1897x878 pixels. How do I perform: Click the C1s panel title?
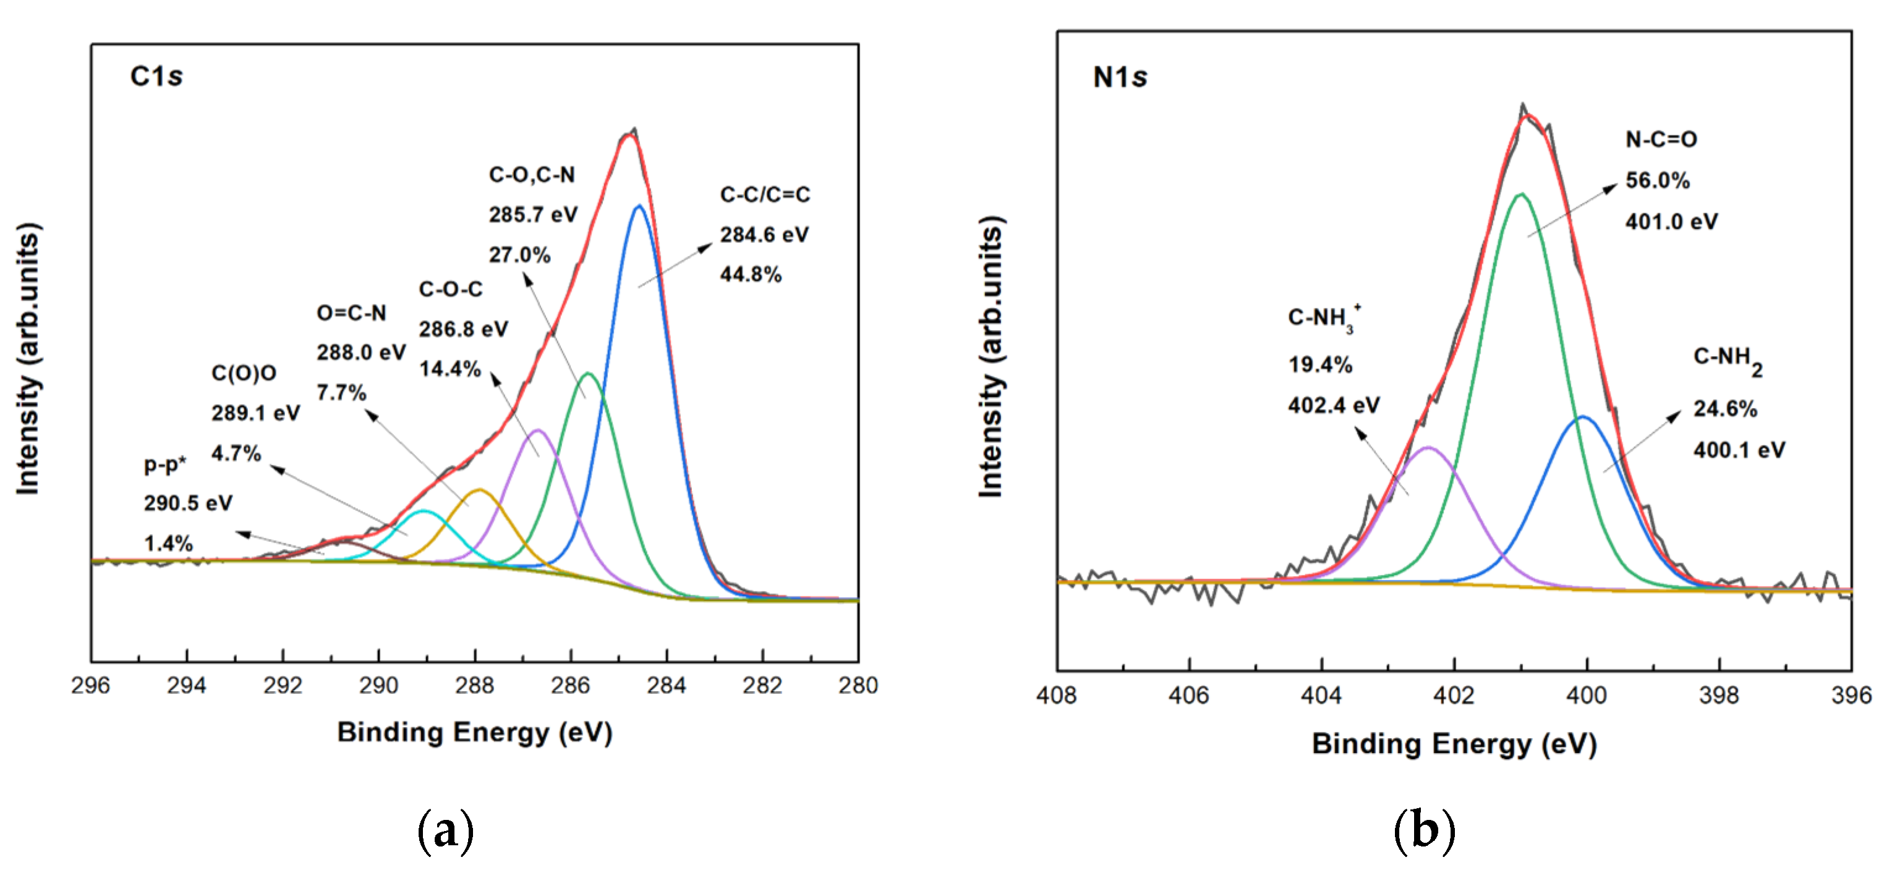[x=156, y=76]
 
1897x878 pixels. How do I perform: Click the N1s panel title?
[x=1119, y=77]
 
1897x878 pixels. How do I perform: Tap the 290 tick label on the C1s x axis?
[x=378, y=686]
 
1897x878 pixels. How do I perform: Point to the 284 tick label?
[x=666, y=686]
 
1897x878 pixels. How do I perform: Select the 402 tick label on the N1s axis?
[x=1454, y=696]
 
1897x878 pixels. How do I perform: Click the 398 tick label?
[x=1719, y=696]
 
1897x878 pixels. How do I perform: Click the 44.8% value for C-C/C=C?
[x=751, y=274]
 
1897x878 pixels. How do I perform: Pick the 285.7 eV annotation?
[x=533, y=215]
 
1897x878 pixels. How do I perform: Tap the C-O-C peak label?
[x=451, y=289]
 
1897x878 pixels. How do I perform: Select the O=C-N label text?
[x=351, y=313]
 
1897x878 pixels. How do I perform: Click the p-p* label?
[x=165, y=465]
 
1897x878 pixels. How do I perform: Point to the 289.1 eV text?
[x=255, y=413]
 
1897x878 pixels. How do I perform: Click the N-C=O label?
[x=1661, y=139]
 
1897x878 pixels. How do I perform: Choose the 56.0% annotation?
[x=1658, y=180]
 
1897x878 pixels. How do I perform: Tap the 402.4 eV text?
[x=1334, y=405]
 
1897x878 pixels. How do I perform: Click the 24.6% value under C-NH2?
[x=1725, y=409]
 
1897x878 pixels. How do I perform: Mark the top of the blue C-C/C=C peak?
[x=639, y=207]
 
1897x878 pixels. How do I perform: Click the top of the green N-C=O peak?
[x=1522, y=194]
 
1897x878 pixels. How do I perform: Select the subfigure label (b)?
[x=1424, y=831]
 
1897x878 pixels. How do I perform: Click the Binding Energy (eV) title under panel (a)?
[x=475, y=733]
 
